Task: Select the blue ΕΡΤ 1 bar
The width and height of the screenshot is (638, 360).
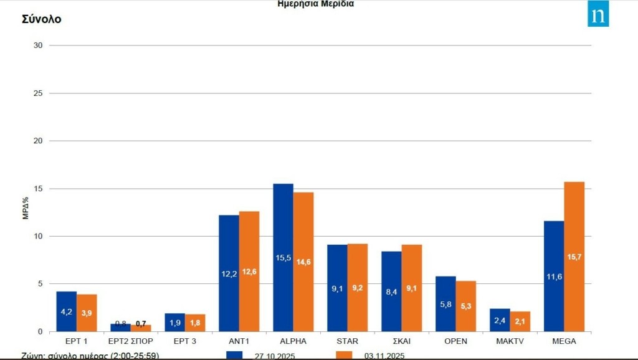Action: pyautogui.click(x=66, y=311)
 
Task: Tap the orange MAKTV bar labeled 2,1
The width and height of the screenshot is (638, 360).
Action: pyautogui.click(x=520, y=321)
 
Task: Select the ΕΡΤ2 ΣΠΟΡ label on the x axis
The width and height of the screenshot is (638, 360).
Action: pyautogui.click(x=130, y=341)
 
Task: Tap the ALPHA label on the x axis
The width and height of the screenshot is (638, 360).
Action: pyautogui.click(x=293, y=341)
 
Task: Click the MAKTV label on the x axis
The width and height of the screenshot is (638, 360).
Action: pyautogui.click(x=510, y=341)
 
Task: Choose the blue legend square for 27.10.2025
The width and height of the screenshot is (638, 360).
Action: pyautogui.click(x=234, y=355)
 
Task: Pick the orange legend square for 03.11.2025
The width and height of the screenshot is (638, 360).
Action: pyautogui.click(x=344, y=355)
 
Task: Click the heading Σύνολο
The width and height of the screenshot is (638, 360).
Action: pyautogui.click(x=41, y=19)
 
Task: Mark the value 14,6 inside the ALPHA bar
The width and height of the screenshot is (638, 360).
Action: pyautogui.click(x=303, y=262)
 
